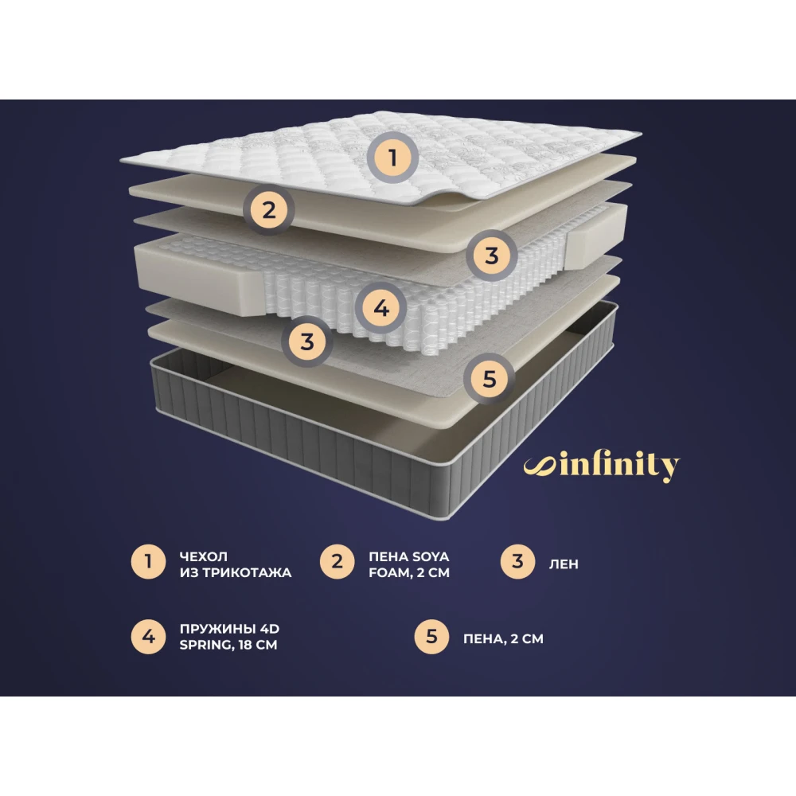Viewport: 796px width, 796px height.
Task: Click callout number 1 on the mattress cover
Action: tap(392, 158)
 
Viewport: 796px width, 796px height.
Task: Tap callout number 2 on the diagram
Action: tap(268, 209)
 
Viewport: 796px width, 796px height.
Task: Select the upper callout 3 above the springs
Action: tap(491, 256)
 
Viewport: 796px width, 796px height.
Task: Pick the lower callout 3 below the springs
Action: tap(306, 341)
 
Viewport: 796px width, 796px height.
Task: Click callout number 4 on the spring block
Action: tap(380, 307)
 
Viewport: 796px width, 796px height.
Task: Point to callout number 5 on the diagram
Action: tap(489, 379)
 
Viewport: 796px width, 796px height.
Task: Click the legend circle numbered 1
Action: tap(148, 561)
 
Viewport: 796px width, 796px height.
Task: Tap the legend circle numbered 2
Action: tap(337, 561)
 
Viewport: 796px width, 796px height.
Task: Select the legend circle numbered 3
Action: tap(517, 561)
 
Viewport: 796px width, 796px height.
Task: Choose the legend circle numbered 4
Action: tap(148, 637)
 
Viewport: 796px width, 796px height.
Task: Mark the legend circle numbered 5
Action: tap(431, 637)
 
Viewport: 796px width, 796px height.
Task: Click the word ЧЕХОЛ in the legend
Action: tap(204, 556)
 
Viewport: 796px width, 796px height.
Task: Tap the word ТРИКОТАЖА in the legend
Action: tap(248, 572)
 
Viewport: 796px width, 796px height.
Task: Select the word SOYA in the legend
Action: tap(431, 556)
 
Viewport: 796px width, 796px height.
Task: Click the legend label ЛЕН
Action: tap(564, 564)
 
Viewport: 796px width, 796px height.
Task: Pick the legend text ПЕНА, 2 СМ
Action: tap(503, 638)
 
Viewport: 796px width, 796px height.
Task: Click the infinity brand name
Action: tap(619, 465)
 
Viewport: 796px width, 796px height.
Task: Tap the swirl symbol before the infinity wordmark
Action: tap(540, 466)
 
